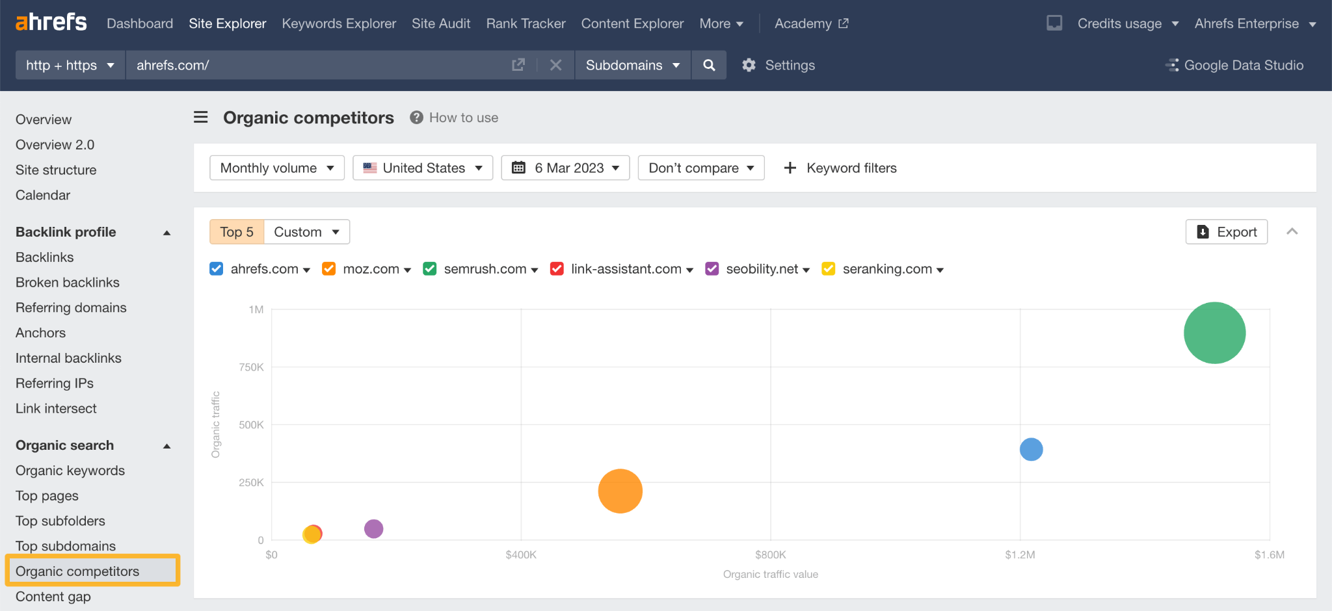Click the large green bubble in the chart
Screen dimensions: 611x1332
click(x=1214, y=333)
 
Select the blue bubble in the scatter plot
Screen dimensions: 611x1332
click(x=1031, y=449)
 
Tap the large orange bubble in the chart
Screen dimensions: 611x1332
click(x=620, y=491)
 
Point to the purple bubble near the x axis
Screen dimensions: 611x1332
click(x=373, y=529)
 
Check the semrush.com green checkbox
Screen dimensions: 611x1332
click(x=429, y=269)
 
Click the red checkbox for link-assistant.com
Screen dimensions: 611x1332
click(x=557, y=269)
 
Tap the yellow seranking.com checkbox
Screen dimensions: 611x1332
click(x=828, y=269)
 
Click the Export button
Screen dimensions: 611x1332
click(x=1226, y=232)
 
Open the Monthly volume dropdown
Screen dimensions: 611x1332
click(x=276, y=168)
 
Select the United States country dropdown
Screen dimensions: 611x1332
click(x=423, y=168)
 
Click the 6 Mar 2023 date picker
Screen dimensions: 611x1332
click(x=565, y=168)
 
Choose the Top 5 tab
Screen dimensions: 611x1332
click(x=237, y=232)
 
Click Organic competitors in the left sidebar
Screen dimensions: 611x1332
click(x=77, y=571)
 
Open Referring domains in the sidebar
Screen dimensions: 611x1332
click(x=71, y=307)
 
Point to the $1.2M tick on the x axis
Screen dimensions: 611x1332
click(x=1020, y=554)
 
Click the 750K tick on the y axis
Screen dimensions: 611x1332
click(x=251, y=367)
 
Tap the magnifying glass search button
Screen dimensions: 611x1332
click(x=709, y=65)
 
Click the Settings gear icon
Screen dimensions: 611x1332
click(x=749, y=65)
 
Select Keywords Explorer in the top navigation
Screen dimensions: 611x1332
click(x=339, y=23)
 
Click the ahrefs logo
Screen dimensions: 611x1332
click(x=51, y=22)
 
